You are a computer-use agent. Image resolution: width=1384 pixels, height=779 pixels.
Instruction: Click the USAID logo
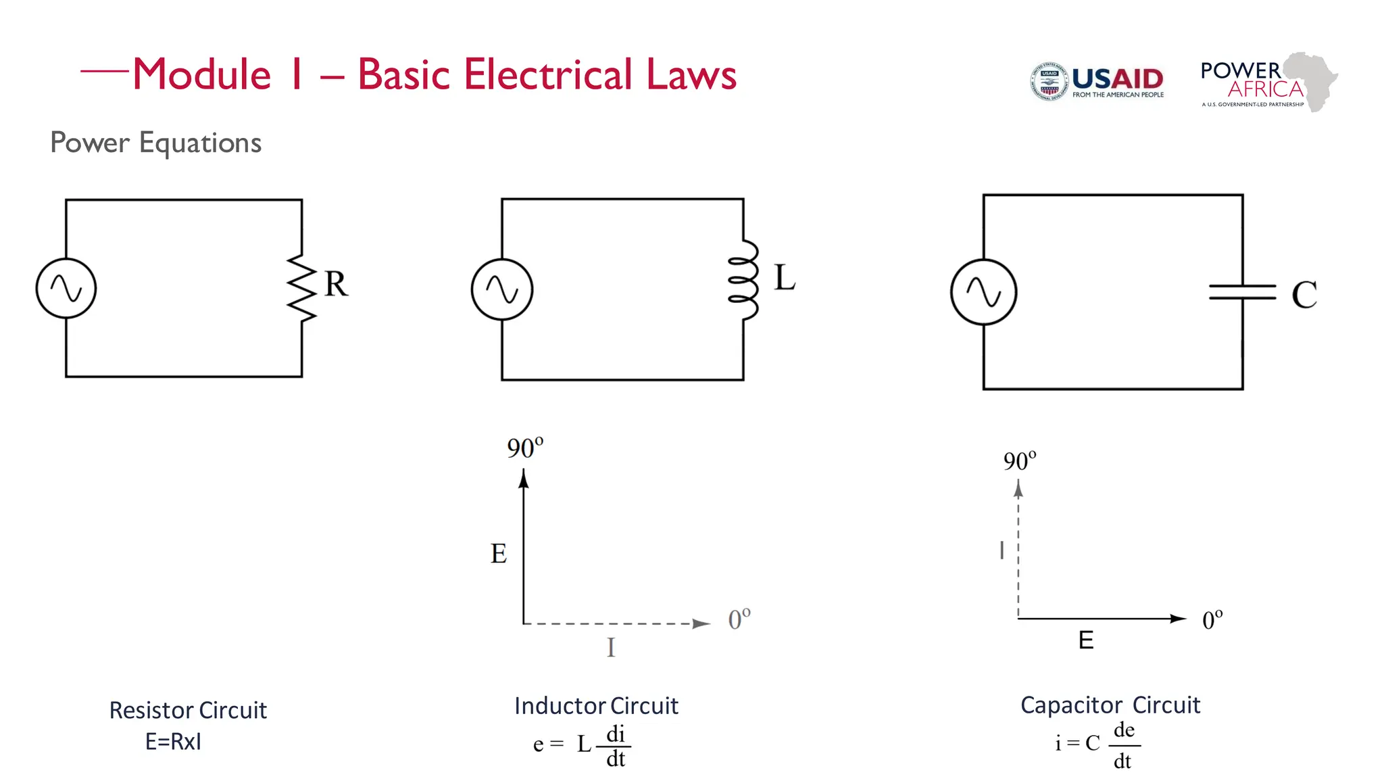(1096, 82)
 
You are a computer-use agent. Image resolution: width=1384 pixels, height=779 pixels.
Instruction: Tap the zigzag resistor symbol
(301, 288)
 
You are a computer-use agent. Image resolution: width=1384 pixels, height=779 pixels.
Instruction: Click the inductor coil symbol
(743, 280)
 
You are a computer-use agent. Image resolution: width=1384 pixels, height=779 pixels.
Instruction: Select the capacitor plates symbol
(1242, 292)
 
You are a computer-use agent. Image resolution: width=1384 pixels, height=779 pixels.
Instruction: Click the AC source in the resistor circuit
(66, 288)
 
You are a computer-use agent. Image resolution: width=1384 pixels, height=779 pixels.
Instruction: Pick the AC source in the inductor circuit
(502, 289)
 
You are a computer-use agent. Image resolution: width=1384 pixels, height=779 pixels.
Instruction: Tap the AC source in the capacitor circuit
(983, 292)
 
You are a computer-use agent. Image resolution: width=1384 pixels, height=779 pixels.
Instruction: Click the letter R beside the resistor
(336, 284)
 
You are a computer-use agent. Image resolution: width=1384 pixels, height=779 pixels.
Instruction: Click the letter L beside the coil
(785, 278)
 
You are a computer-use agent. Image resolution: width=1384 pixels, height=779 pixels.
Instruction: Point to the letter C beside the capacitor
(1304, 295)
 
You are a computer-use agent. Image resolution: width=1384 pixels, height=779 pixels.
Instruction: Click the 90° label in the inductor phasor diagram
(525, 448)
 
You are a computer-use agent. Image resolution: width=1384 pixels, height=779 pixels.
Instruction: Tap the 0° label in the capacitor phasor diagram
(1212, 619)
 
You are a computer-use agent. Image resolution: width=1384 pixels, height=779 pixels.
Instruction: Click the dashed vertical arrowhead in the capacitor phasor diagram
(1018, 489)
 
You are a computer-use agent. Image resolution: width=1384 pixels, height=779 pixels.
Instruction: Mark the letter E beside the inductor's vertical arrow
(498, 554)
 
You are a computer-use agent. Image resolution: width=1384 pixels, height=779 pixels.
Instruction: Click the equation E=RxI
(173, 742)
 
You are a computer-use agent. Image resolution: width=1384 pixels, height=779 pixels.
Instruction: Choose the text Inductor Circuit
(596, 706)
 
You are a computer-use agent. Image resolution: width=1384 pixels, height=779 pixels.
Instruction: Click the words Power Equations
(155, 143)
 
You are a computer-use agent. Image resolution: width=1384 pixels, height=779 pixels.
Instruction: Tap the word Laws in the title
(691, 74)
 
